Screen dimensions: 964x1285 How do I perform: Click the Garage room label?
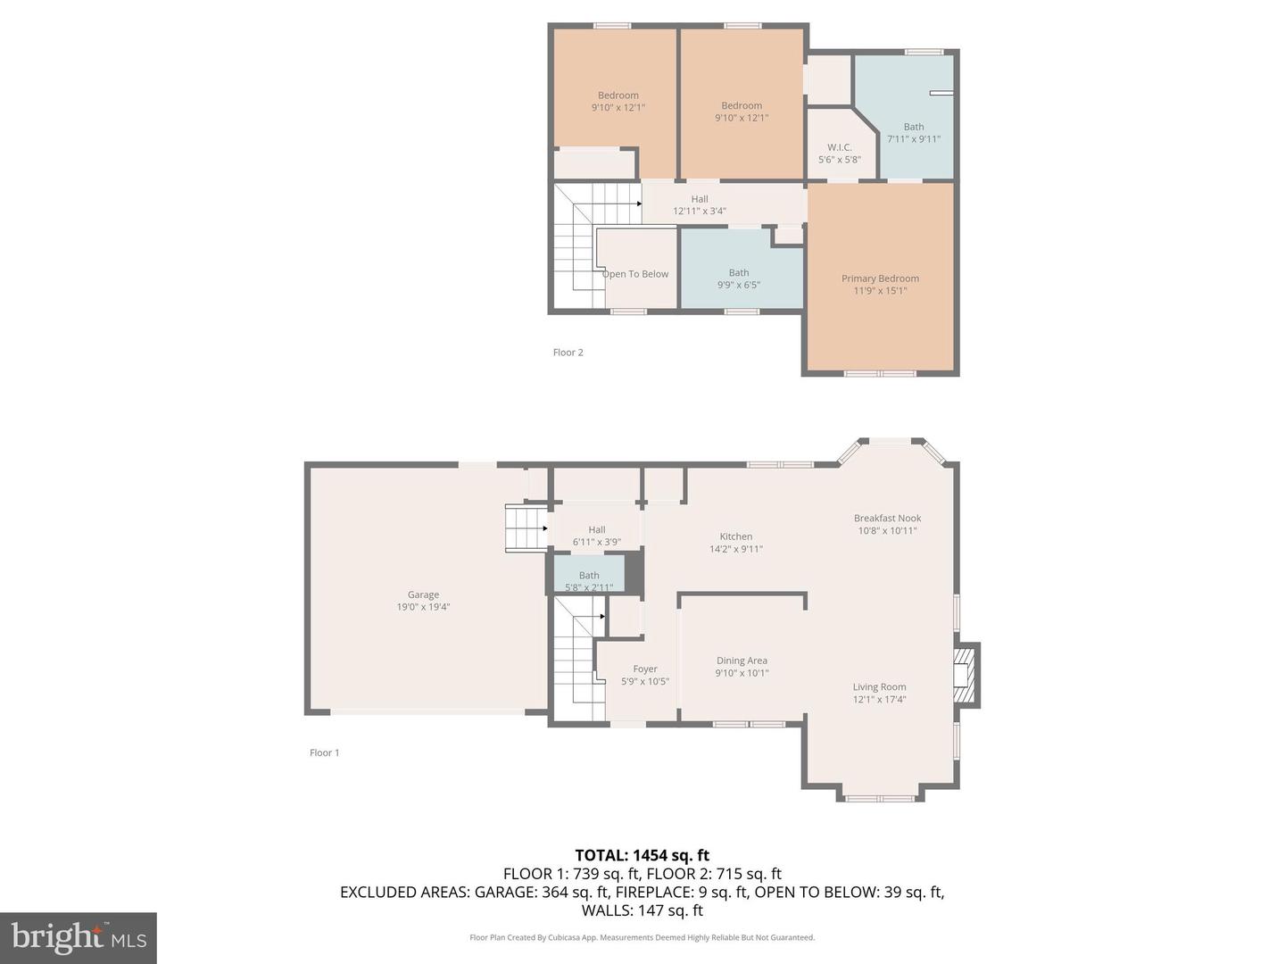[423, 594]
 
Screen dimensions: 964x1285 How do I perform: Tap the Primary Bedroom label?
[880, 278]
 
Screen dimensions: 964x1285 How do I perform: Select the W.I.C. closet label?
[839, 147]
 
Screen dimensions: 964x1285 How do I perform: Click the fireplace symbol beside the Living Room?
[964, 674]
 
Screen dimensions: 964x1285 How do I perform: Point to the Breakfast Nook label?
[887, 519]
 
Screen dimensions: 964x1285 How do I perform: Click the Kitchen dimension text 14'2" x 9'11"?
[735, 550]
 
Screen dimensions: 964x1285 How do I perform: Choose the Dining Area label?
[742, 661]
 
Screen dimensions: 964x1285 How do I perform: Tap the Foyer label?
[644, 669]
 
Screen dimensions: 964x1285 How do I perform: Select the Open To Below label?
[635, 274]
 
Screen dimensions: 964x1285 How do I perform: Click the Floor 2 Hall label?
[700, 199]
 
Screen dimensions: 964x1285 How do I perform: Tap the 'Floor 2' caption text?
[568, 353]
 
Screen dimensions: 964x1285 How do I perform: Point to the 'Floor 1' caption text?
[324, 753]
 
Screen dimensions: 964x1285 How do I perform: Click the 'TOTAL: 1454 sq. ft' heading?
[642, 855]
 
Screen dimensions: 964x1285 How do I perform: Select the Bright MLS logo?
[79, 937]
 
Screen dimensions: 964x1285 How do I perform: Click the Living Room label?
[879, 687]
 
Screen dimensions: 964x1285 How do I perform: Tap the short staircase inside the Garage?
[526, 528]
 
